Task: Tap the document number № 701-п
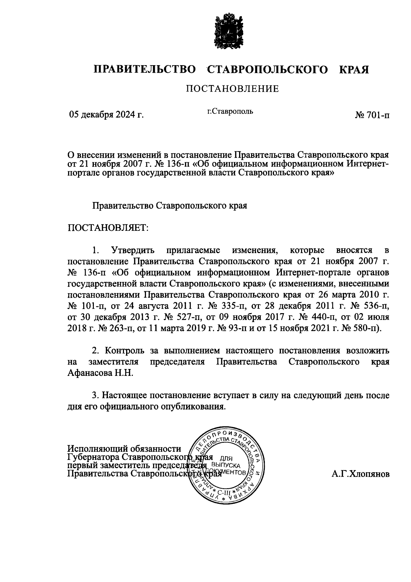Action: coord(372,115)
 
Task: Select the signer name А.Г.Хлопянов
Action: coord(360,474)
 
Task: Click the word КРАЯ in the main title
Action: coord(354,70)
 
